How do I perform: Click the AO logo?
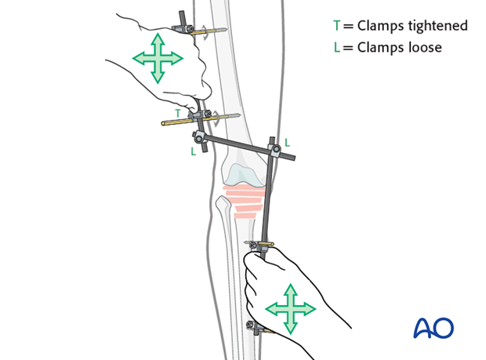click(433, 327)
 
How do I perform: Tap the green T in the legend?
click(337, 26)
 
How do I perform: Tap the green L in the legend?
click(337, 47)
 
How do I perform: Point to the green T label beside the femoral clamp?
click(178, 113)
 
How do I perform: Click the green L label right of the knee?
click(288, 143)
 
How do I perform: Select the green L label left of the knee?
click(194, 151)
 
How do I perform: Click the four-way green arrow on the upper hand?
click(158, 58)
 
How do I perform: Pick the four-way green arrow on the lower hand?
click(290, 309)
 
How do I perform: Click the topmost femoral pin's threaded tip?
click(221, 30)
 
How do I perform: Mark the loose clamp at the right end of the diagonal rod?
click(275, 149)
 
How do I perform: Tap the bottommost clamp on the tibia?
click(253, 326)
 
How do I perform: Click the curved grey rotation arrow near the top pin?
click(205, 32)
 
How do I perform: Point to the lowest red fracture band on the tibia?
click(245, 215)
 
